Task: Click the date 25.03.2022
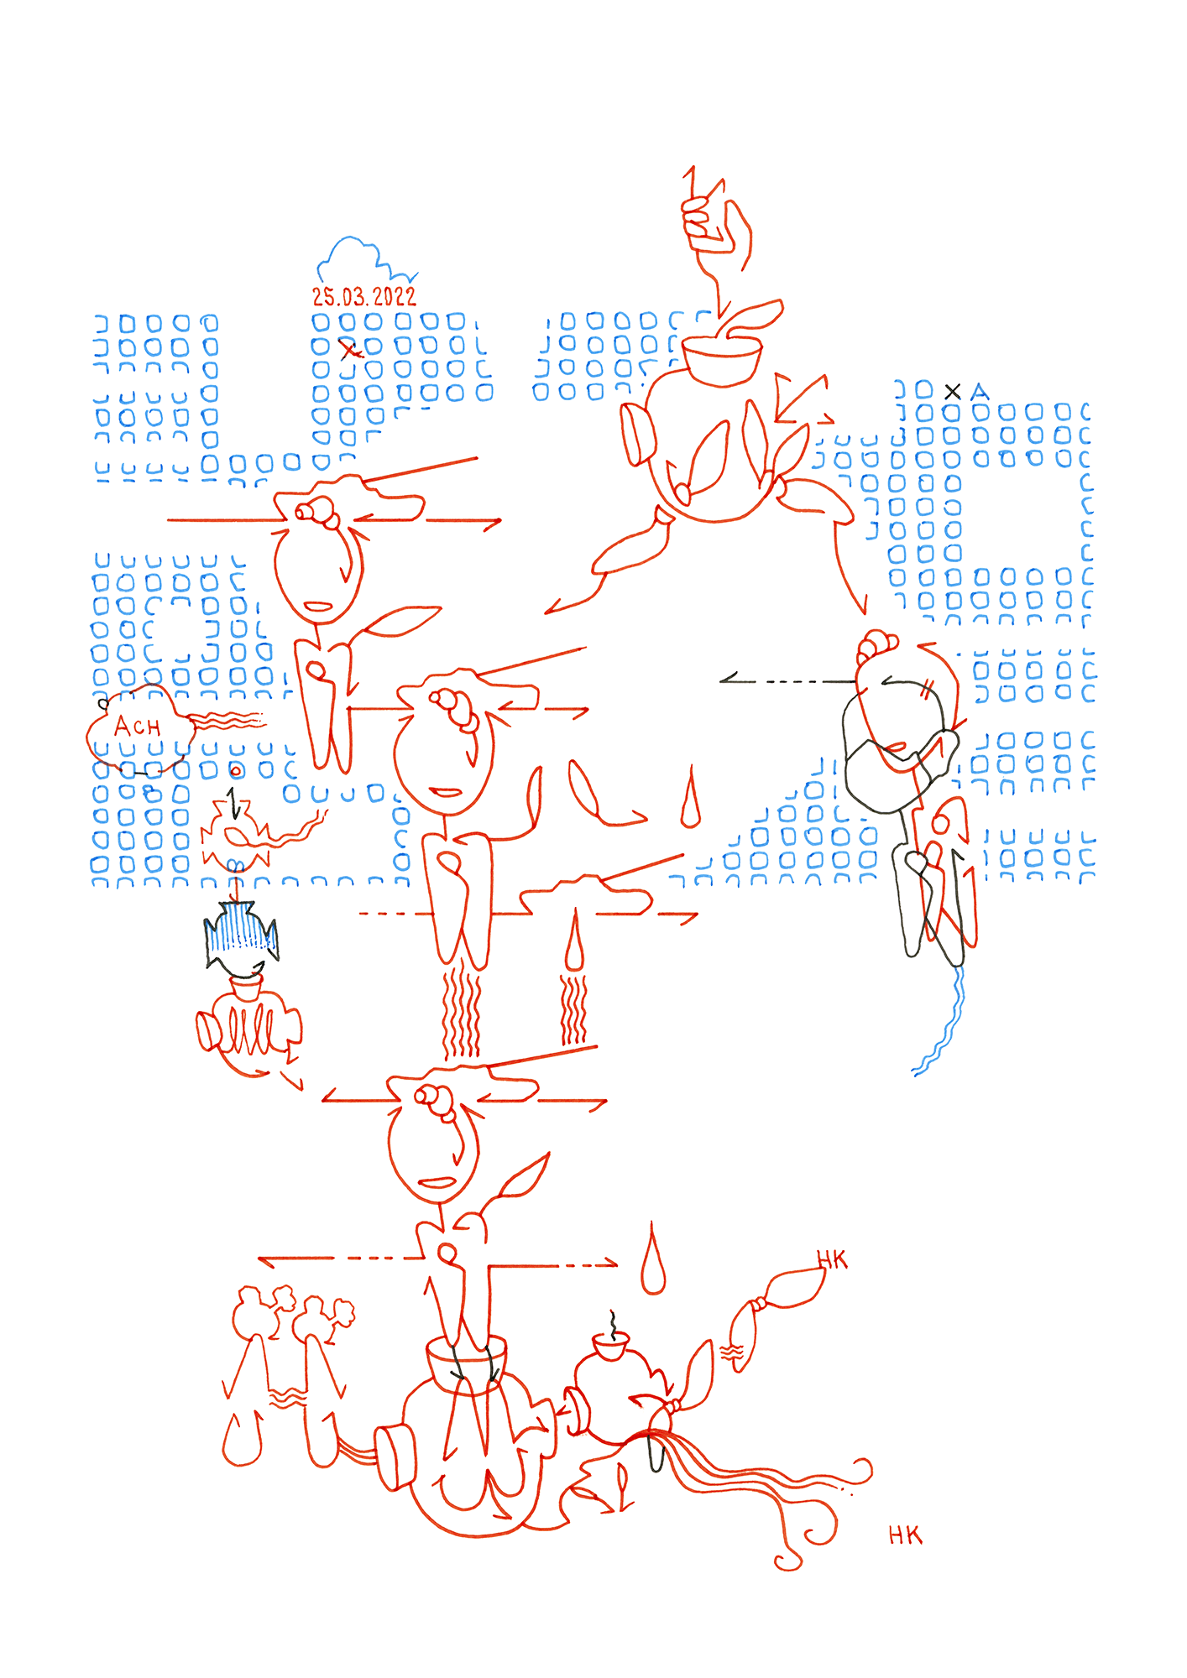click(363, 296)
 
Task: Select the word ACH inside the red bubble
click(137, 727)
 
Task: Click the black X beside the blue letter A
click(952, 391)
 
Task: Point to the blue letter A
click(979, 392)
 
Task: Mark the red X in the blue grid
click(348, 350)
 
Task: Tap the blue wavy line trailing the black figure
click(945, 1024)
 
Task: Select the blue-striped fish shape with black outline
click(240, 935)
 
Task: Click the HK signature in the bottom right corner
click(905, 1536)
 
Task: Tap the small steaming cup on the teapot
click(610, 1347)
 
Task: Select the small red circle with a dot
click(236, 770)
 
